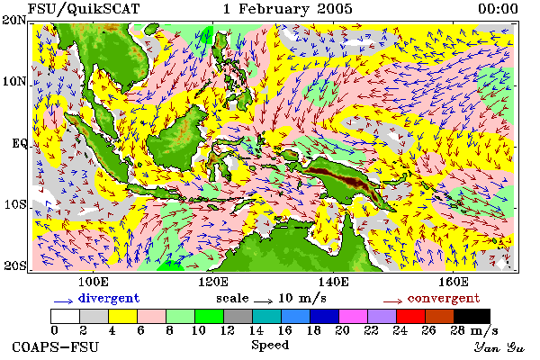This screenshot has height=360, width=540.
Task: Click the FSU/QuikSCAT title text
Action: click(x=84, y=9)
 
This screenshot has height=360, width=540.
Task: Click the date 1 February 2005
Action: click(x=288, y=9)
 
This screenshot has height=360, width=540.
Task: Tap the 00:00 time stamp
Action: click(x=498, y=9)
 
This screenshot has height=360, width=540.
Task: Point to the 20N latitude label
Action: click(x=14, y=20)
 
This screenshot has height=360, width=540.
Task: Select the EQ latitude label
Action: click(x=19, y=143)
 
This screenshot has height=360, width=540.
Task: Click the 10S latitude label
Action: click(x=14, y=204)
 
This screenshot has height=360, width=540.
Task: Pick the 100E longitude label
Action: click(x=94, y=282)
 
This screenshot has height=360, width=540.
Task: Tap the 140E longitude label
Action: click(x=333, y=282)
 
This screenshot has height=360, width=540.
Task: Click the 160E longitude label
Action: click(x=454, y=282)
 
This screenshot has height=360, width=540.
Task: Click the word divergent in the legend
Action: click(x=109, y=298)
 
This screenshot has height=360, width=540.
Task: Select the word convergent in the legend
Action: click(x=444, y=298)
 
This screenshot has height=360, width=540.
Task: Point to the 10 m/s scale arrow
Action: click(x=263, y=301)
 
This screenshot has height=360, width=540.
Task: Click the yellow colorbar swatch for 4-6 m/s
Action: click(x=122, y=316)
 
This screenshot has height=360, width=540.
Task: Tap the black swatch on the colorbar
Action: click(x=472, y=316)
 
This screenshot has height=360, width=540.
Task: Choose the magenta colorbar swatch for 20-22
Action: click(x=354, y=316)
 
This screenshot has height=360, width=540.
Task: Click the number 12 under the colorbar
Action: click(x=228, y=330)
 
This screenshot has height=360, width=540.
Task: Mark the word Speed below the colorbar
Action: click(x=270, y=345)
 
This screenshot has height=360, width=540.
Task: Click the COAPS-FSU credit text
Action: click(x=56, y=346)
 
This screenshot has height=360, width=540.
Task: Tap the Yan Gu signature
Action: click(x=499, y=347)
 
